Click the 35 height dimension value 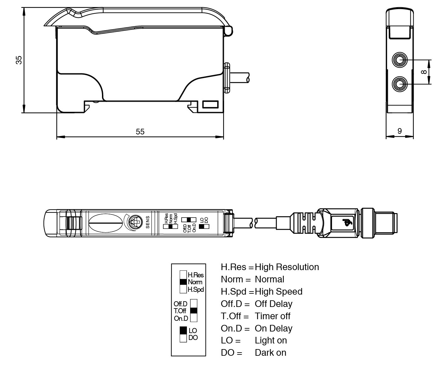tap(19, 60)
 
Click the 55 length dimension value tap(140, 132)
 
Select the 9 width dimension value tap(399, 131)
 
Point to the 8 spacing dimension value tap(424, 72)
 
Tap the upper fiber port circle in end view tap(400, 60)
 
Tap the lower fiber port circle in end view tap(400, 84)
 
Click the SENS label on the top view tap(148, 222)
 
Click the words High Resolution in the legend tap(287, 267)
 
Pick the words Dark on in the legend tap(270, 353)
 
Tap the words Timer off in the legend tap(272, 316)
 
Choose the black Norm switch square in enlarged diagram tap(183, 282)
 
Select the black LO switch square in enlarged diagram tap(183, 330)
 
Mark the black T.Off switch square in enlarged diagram tap(194, 311)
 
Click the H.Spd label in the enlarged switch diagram tap(196, 289)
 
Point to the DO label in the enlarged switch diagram tap(193, 338)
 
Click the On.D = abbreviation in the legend tap(235, 328)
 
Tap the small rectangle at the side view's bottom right tap(210, 104)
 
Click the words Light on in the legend tap(271, 340)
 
